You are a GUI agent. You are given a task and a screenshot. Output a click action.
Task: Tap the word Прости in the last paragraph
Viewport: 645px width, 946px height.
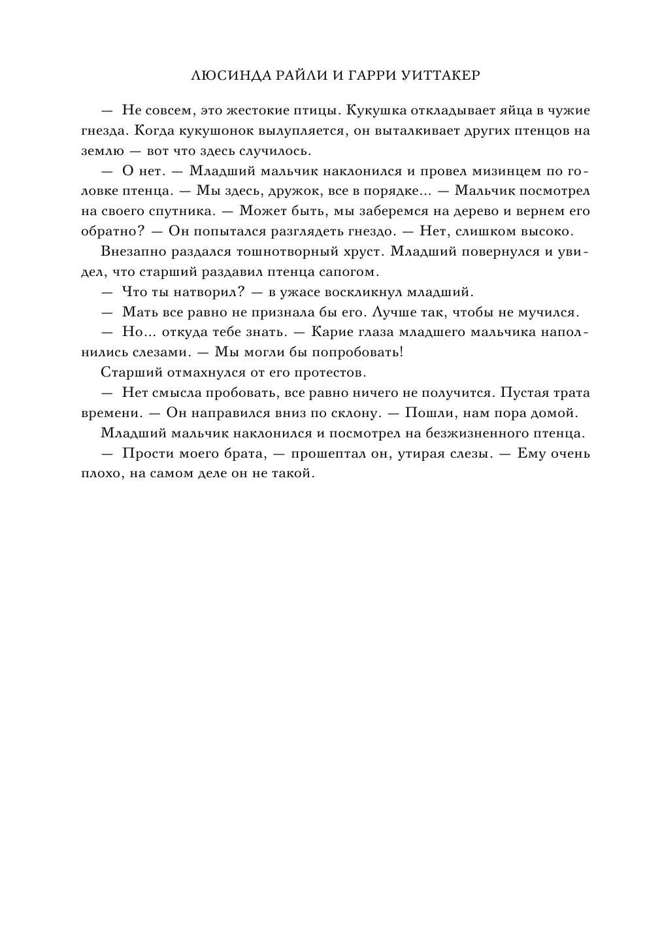pos(143,453)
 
